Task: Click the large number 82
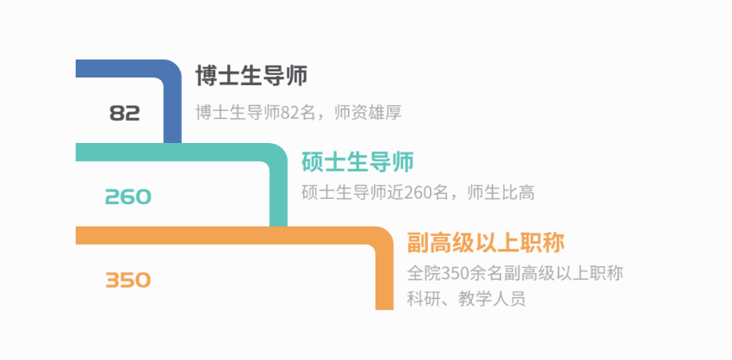(125, 113)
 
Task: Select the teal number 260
(127, 196)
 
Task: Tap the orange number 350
(127, 280)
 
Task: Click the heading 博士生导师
(251, 76)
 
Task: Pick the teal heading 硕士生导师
(357, 161)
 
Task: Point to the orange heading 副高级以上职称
(486, 243)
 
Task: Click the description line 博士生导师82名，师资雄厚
(299, 113)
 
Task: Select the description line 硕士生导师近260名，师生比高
(418, 193)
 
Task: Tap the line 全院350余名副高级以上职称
(514, 274)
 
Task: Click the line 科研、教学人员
(466, 300)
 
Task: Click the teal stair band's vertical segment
(278, 198)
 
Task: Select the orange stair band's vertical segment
(384, 280)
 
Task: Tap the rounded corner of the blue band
(169, 72)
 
